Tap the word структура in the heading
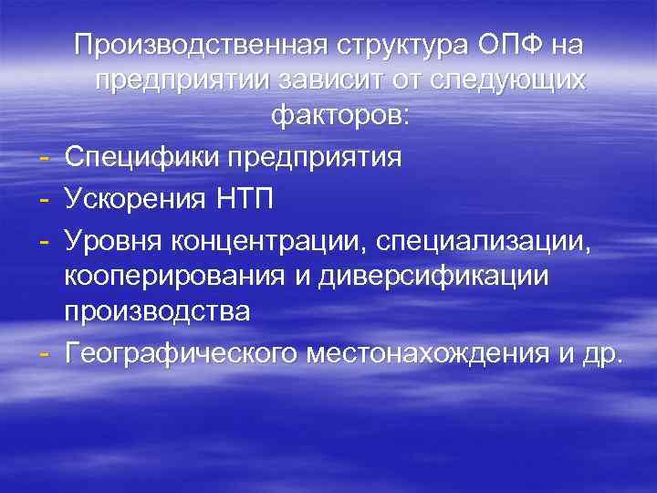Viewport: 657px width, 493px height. [398, 45]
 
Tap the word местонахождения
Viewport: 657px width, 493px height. [433, 352]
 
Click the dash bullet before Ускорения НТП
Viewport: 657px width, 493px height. [45, 195]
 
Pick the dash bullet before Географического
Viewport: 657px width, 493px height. [45, 352]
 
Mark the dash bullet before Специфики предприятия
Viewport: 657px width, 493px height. [45, 156]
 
